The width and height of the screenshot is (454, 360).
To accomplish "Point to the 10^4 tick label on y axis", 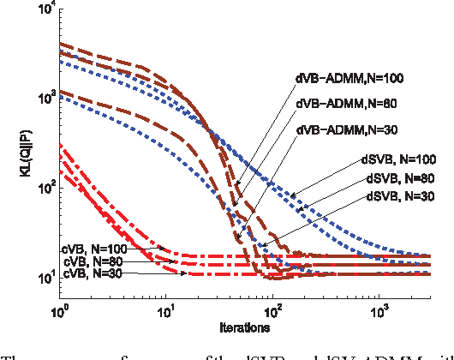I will tap(45, 8).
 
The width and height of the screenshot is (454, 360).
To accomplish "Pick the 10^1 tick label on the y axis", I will tap(45, 276).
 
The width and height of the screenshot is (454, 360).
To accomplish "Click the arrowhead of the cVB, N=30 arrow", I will tap(186, 273).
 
